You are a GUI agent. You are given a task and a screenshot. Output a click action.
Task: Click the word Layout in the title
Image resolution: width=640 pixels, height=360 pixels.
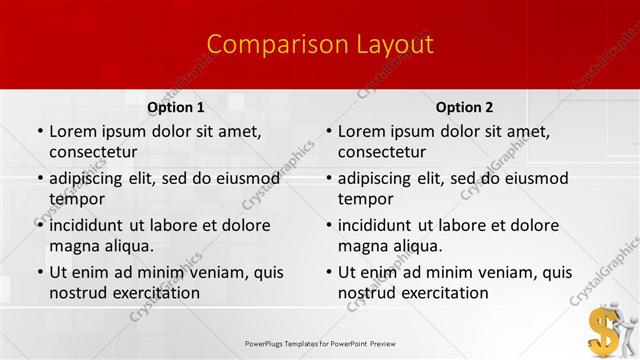(394, 45)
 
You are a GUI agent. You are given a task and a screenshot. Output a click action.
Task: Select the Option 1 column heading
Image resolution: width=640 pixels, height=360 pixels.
(176, 107)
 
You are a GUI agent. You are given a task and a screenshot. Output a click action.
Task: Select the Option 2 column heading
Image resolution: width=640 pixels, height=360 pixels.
(464, 107)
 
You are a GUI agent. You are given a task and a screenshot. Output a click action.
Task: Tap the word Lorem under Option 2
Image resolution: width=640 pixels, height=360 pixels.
(360, 131)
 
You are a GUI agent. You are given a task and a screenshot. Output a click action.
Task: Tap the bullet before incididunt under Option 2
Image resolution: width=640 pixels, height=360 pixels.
(328, 225)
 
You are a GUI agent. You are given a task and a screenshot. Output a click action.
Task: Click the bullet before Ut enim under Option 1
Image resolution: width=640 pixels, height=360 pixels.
(39, 272)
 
